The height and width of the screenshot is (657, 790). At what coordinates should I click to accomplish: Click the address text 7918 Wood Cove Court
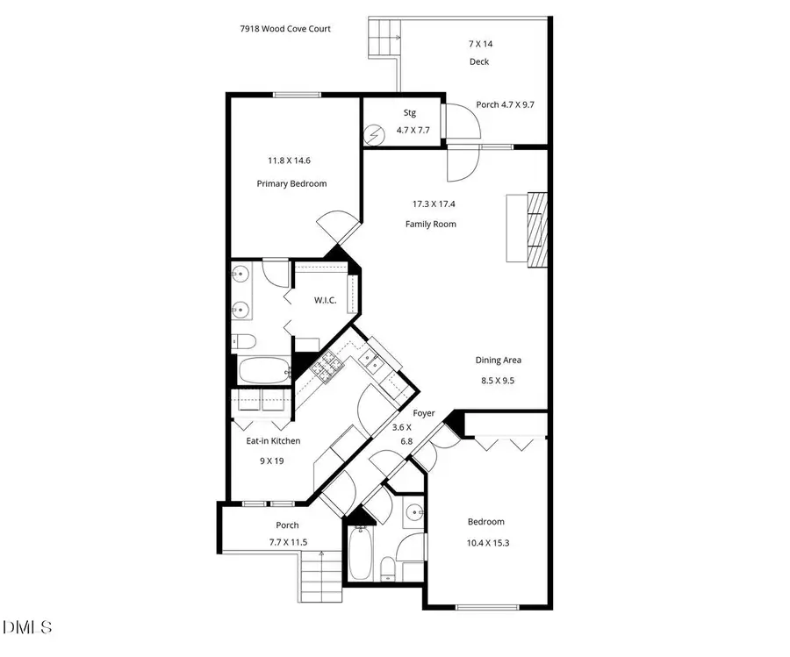tap(285, 29)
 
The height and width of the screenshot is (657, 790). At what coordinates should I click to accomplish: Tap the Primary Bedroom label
tap(291, 184)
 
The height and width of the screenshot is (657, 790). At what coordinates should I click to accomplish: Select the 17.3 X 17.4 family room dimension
tap(434, 204)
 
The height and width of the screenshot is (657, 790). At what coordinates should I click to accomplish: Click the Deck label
tap(478, 61)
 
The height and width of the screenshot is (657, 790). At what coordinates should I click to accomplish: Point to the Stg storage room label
tap(409, 112)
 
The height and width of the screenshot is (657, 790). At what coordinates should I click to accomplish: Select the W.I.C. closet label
tap(325, 301)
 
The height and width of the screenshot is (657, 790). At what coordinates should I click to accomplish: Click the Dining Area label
tap(499, 361)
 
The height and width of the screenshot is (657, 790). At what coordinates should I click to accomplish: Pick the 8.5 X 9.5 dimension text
tap(499, 381)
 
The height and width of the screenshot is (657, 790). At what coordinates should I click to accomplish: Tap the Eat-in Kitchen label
tap(273, 441)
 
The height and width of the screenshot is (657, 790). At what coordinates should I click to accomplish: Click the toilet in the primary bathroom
tap(243, 341)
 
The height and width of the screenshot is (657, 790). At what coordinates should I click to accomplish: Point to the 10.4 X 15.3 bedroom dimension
tap(487, 543)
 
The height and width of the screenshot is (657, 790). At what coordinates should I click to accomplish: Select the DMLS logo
tap(28, 628)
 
